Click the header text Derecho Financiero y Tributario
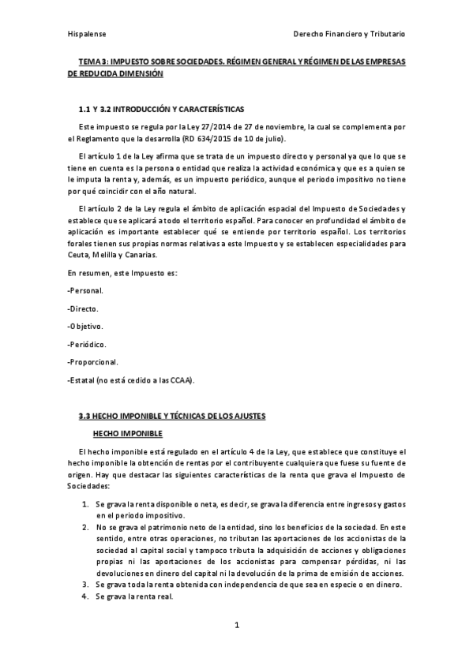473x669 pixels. click(348, 36)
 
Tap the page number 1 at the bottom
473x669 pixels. click(237, 626)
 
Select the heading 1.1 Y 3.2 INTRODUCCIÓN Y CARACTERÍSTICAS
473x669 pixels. click(162, 108)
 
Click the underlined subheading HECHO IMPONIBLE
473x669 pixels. click(127, 433)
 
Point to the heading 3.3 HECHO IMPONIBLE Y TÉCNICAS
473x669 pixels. click(172, 416)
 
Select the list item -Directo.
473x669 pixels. click(84, 308)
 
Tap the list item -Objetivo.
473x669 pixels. click(86, 326)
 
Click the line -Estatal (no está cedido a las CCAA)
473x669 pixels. click(131, 380)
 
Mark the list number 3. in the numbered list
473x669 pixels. click(84, 584)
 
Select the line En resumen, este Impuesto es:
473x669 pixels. click(122, 273)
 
